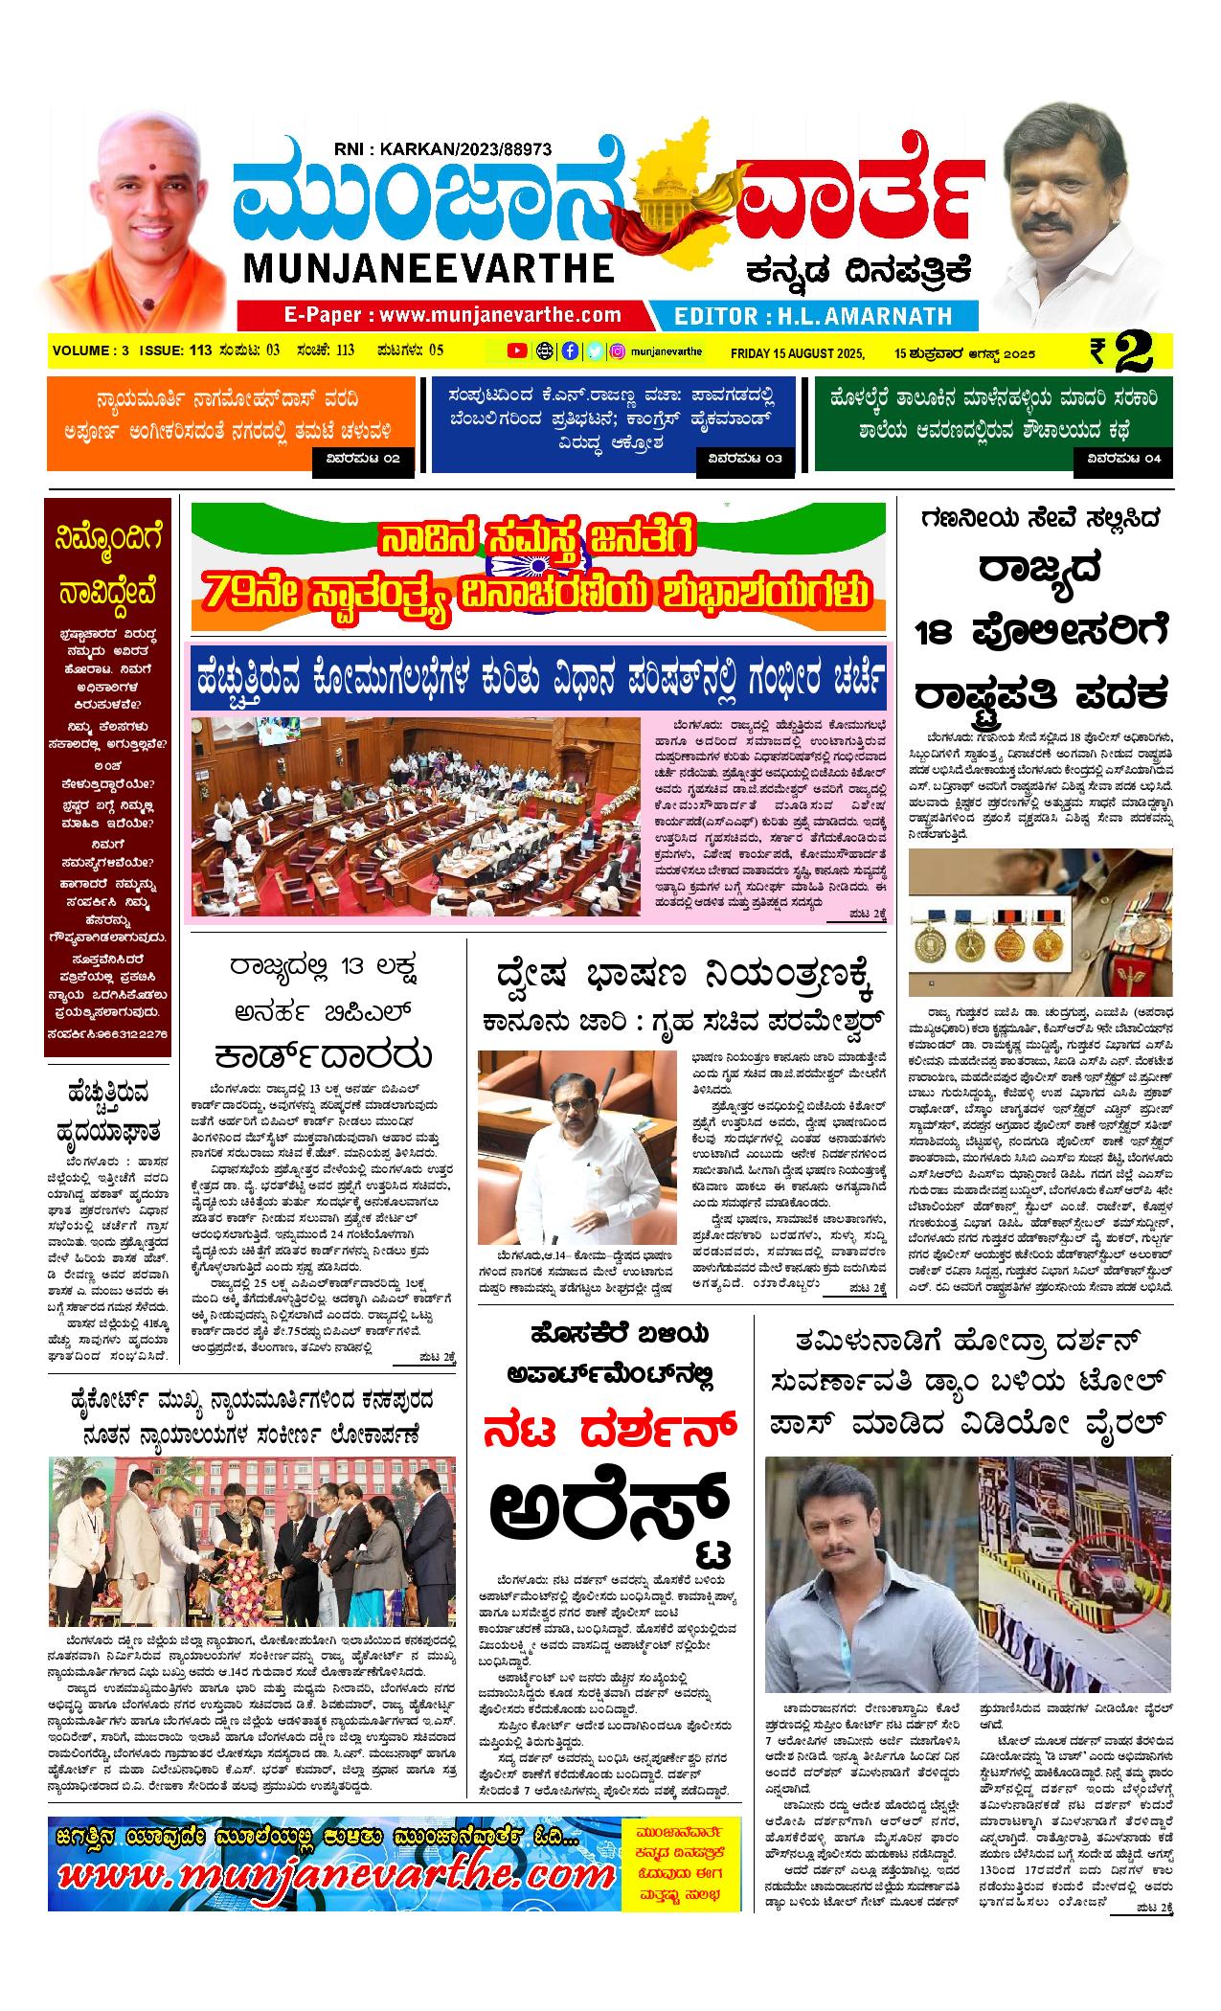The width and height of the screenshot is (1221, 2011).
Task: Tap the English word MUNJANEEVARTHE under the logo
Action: pyautogui.click(x=428, y=267)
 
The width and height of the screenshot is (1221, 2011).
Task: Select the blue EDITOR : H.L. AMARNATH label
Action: pyautogui.click(x=813, y=316)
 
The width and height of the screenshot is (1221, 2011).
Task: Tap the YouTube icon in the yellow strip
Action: pyautogui.click(x=516, y=351)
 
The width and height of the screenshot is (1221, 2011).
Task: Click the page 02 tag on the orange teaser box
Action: pyautogui.click(x=363, y=460)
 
